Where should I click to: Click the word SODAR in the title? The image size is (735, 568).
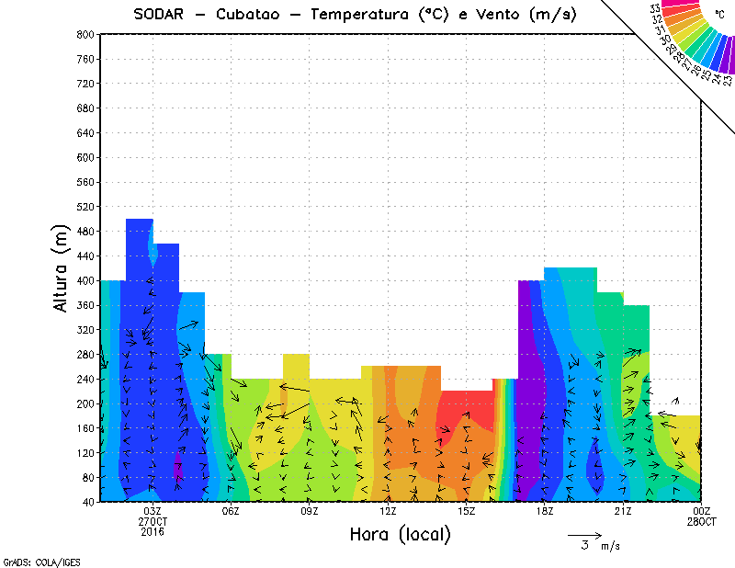click(x=162, y=15)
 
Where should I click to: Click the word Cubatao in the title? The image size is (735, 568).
click(x=254, y=15)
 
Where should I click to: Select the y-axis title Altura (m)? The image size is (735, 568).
click(x=62, y=268)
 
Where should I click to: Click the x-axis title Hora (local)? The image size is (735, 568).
click(x=400, y=534)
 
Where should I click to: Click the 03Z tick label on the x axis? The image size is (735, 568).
click(x=153, y=511)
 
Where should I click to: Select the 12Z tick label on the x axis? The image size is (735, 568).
click(x=388, y=511)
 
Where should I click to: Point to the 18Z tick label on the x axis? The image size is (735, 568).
click(x=545, y=511)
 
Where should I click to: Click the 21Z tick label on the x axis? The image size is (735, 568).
click(x=623, y=511)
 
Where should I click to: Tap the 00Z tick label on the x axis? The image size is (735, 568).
click(x=702, y=511)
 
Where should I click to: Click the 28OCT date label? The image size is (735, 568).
click(x=701, y=521)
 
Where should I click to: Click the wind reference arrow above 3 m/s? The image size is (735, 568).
click(x=584, y=534)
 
